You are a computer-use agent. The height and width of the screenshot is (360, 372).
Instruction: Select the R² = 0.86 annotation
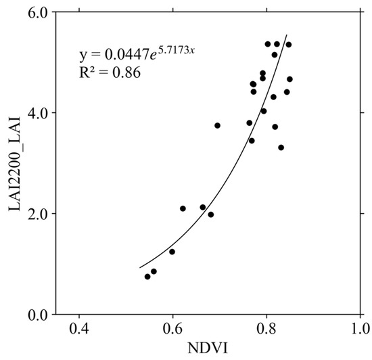(x=110, y=72)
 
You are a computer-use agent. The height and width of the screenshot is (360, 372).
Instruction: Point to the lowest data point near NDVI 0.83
(x=281, y=148)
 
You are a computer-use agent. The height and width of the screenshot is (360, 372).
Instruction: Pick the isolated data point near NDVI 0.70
(x=217, y=125)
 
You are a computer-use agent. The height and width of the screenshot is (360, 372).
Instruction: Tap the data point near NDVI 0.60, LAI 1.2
(x=172, y=252)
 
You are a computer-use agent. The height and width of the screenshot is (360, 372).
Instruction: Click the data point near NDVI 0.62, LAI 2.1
(x=183, y=208)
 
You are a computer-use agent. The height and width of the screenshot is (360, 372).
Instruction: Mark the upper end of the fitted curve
(x=287, y=35)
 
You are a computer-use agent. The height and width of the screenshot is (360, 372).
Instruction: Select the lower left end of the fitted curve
(x=140, y=267)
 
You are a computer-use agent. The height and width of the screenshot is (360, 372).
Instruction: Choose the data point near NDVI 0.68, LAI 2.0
(x=211, y=215)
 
